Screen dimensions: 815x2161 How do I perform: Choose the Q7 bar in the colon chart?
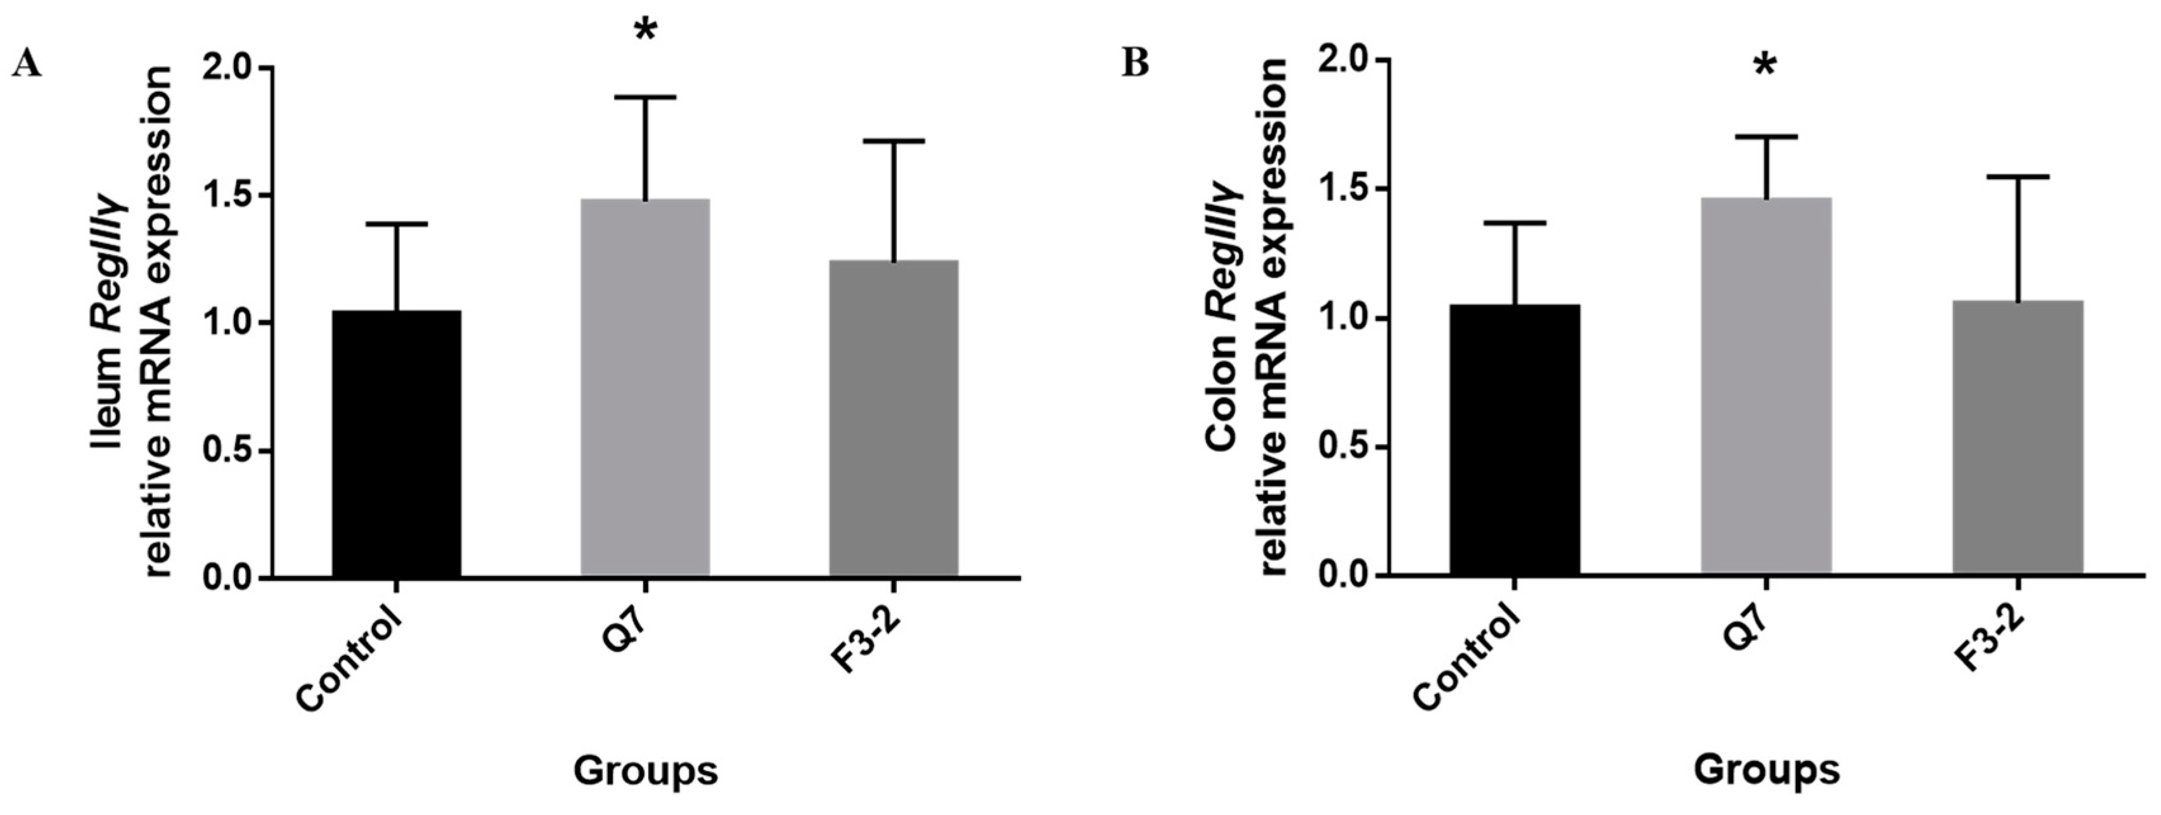1766,386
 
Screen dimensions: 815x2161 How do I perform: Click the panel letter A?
27,63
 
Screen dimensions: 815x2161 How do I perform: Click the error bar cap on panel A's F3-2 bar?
894,141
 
